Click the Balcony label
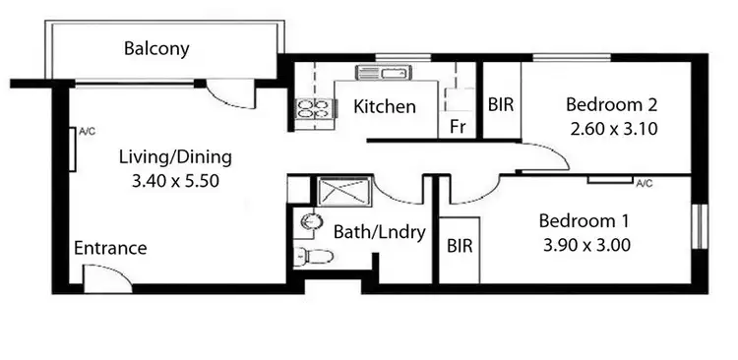[156, 48]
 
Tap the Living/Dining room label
[175, 155]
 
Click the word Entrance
[110, 248]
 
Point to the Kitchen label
[384, 107]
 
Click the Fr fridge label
[457, 126]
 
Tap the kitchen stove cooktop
[312, 109]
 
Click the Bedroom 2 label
[611, 104]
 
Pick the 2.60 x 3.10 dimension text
[613, 128]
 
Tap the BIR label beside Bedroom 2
[502, 104]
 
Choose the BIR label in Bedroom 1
[460, 246]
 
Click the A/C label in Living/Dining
[86, 130]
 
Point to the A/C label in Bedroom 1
[645, 183]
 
